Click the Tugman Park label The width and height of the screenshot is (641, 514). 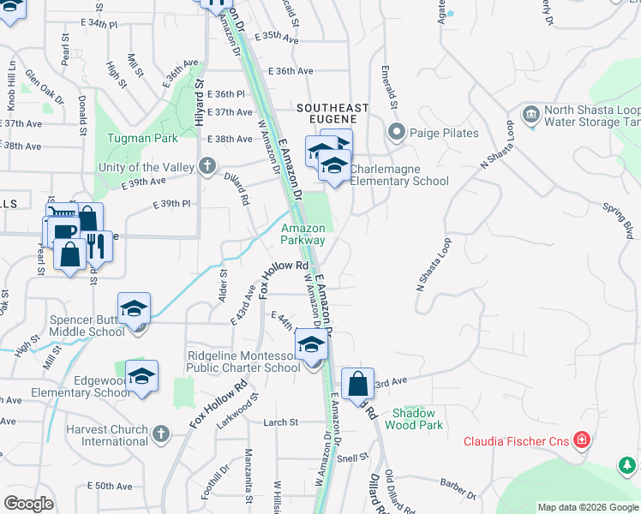coord(142,138)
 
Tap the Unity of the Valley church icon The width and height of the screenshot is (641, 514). coord(207,167)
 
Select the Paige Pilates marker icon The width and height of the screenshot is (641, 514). coord(396,133)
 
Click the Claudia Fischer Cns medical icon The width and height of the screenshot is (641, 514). coord(582,441)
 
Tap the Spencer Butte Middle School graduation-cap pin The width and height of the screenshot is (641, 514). coord(135,309)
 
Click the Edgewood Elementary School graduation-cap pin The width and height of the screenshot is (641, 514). coord(141,376)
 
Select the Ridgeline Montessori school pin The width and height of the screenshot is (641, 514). coord(311,346)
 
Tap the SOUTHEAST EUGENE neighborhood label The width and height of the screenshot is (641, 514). coord(332,108)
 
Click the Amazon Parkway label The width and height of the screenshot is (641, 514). coord(303,234)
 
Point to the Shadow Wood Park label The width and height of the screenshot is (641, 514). coord(414,419)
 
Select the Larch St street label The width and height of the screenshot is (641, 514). coord(280,422)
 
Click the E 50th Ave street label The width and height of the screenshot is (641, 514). coord(110,486)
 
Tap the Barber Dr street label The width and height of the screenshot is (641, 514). coord(459,489)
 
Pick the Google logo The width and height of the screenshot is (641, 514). coord(29,503)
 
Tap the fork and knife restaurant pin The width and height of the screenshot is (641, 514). coord(96,248)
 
